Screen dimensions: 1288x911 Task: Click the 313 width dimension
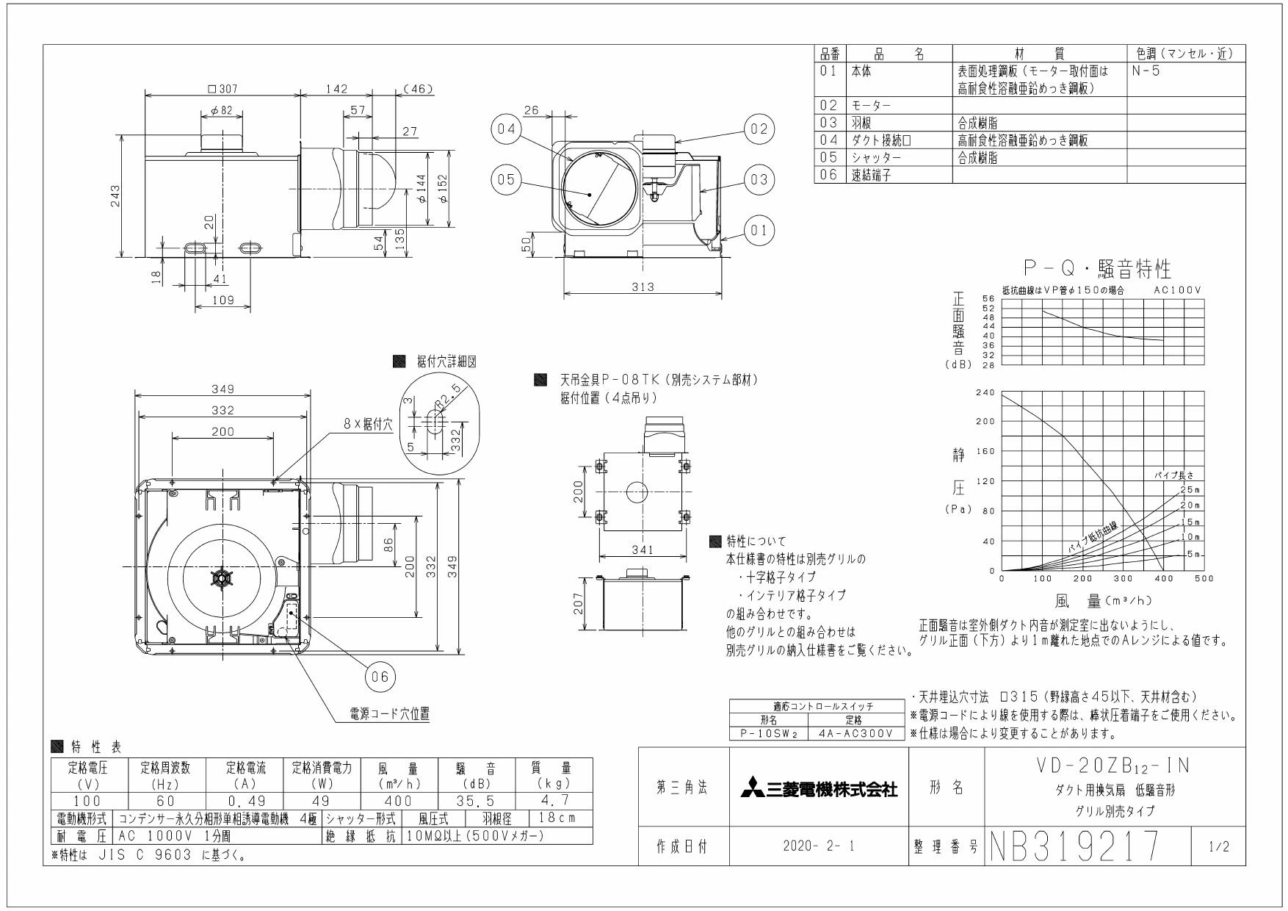point(643,287)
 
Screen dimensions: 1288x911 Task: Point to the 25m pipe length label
point(1189,490)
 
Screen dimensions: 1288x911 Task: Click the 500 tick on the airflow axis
point(1204,579)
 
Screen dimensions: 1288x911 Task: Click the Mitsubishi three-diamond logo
point(751,791)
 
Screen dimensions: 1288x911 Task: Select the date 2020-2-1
point(820,847)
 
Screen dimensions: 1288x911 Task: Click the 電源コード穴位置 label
point(390,713)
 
